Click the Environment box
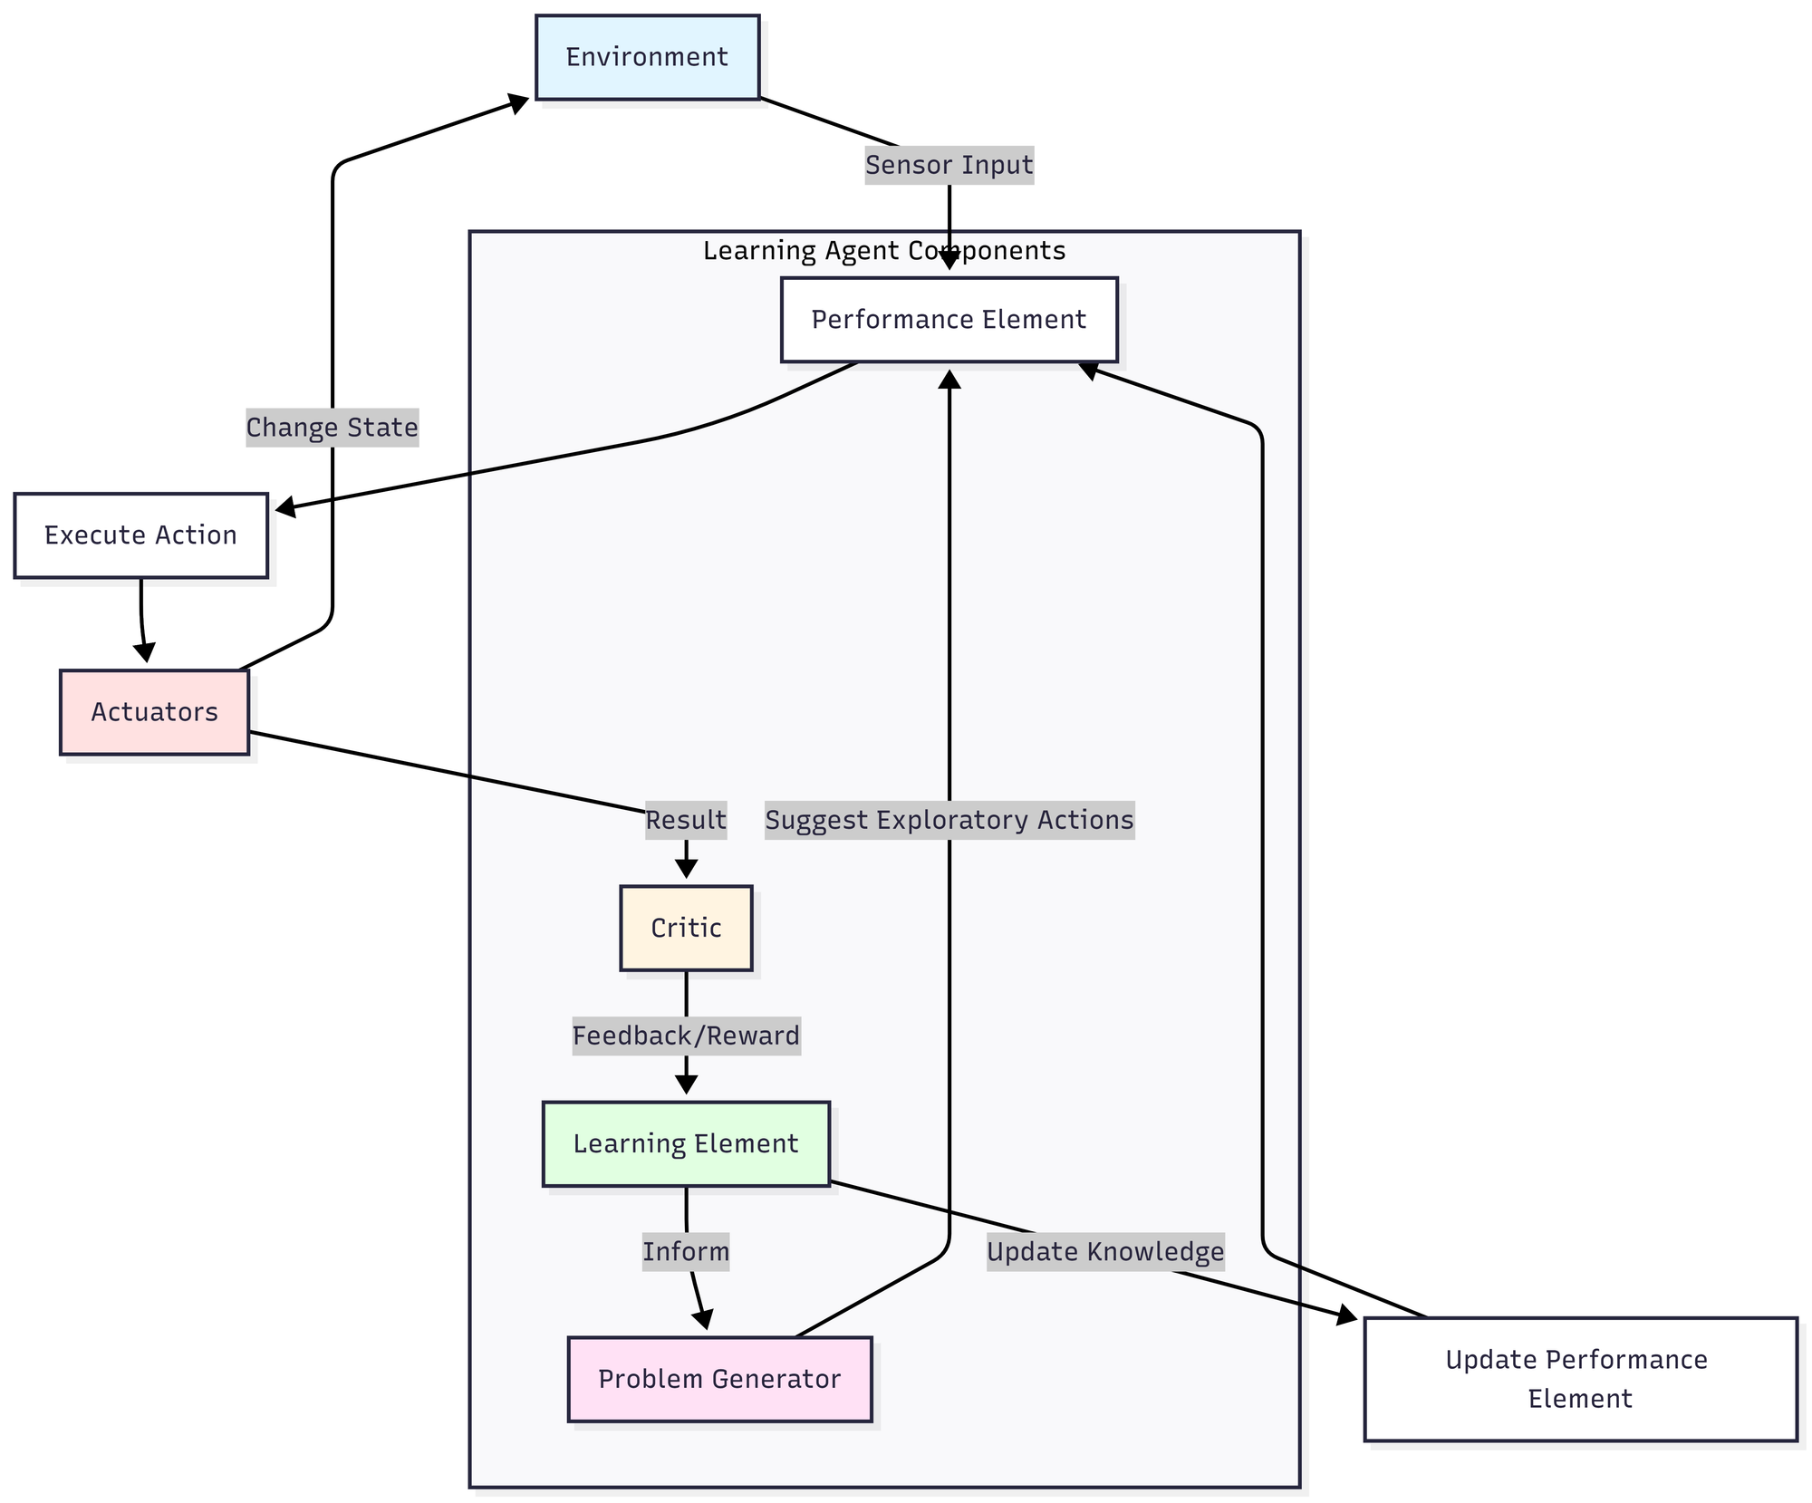(647, 57)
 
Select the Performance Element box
(949, 320)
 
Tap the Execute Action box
(140, 535)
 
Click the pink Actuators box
(154, 712)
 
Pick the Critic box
(686, 928)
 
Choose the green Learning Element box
(686, 1143)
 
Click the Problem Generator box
(719, 1379)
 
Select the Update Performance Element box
(1579, 1379)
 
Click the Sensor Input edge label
(949, 165)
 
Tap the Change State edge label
(332, 428)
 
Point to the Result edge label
(686, 820)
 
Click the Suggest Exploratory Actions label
(949, 820)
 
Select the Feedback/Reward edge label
(686, 1036)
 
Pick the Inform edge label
(686, 1252)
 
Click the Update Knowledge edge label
(1104, 1252)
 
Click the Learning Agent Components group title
(883, 251)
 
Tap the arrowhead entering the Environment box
(519, 102)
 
